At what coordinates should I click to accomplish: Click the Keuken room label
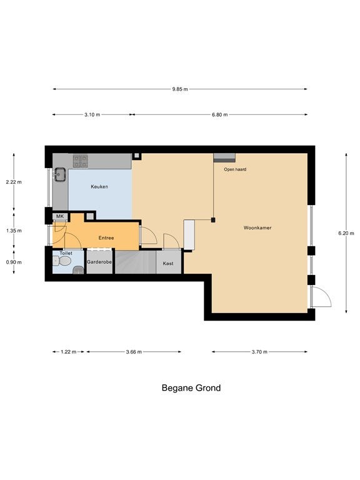pyautogui.click(x=99, y=186)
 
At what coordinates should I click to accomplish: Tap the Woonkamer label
pyautogui.click(x=257, y=227)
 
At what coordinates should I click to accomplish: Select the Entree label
pyautogui.click(x=106, y=238)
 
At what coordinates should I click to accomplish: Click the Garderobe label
pyautogui.click(x=99, y=262)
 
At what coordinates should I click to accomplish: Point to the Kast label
pyautogui.click(x=168, y=263)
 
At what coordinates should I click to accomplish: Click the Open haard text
pyautogui.click(x=235, y=169)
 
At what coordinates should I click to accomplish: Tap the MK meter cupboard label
pyautogui.click(x=60, y=216)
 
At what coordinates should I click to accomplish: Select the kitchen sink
pyautogui.click(x=59, y=174)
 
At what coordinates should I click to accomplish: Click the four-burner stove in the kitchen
pyautogui.click(x=80, y=161)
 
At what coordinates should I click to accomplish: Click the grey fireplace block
pyautogui.click(x=224, y=157)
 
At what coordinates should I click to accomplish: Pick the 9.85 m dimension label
pyautogui.click(x=180, y=89)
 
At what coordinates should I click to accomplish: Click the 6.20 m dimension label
pyautogui.click(x=346, y=233)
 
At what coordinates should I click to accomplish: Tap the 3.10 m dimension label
pyautogui.click(x=92, y=115)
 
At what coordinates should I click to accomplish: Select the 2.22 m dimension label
pyautogui.click(x=14, y=182)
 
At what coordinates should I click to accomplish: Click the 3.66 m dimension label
pyautogui.click(x=134, y=352)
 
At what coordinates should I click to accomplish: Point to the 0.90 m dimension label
pyautogui.click(x=14, y=262)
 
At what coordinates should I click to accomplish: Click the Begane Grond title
pyautogui.click(x=191, y=388)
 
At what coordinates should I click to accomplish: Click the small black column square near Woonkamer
pyautogui.click(x=213, y=220)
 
